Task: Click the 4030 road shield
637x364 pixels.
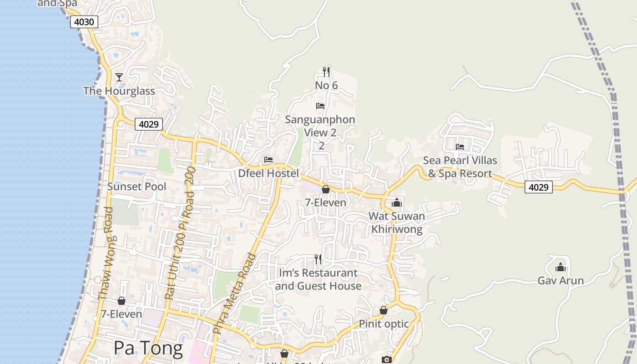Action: point(84,22)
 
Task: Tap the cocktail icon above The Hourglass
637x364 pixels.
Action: point(119,77)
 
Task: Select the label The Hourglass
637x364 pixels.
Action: point(119,91)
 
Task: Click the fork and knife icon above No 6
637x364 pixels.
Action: point(326,71)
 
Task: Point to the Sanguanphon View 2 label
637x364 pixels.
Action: point(320,126)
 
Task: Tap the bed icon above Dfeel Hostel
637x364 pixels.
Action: point(268,160)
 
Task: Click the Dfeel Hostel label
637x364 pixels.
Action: point(268,173)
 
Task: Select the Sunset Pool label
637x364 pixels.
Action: point(136,187)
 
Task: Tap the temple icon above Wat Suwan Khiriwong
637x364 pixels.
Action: point(397,202)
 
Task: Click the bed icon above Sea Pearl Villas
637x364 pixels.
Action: point(460,147)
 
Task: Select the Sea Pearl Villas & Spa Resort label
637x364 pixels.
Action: point(460,167)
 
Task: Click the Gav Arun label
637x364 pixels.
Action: point(561,280)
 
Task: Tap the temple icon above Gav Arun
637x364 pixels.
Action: point(561,267)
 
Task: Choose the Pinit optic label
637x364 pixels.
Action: point(384,324)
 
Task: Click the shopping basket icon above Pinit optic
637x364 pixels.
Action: point(384,310)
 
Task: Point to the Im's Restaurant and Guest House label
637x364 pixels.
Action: point(318,279)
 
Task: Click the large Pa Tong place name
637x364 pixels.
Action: point(148,348)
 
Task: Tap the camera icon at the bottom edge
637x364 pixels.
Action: point(386,360)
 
